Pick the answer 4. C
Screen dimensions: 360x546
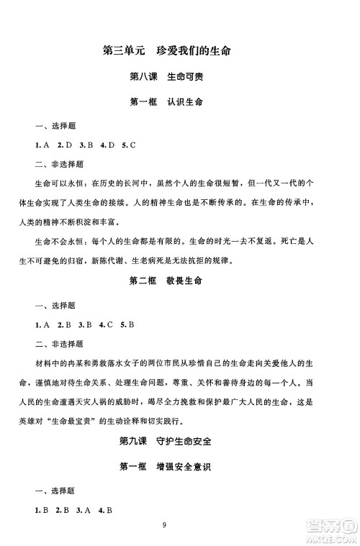coord(107,323)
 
